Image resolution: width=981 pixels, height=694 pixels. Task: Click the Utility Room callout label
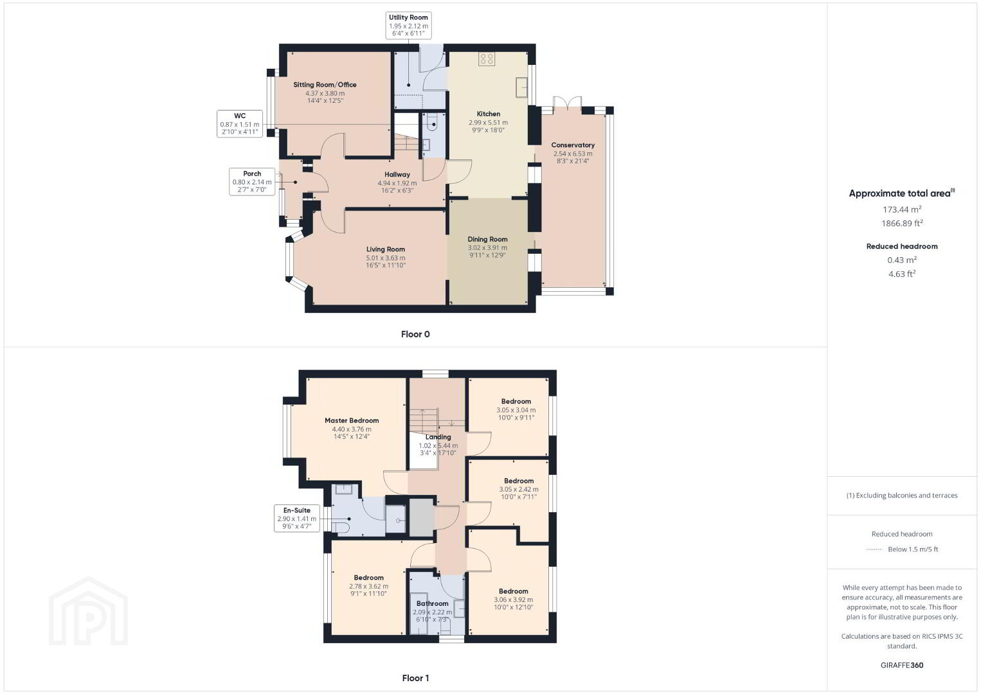click(408, 26)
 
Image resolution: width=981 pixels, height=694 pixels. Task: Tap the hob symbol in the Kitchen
click(487, 59)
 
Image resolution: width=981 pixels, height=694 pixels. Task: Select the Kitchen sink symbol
click(521, 87)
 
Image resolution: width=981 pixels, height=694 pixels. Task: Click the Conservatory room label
click(573, 145)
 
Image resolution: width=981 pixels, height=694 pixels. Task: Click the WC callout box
click(240, 123)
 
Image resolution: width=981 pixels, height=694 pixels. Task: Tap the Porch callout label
click(252, 181)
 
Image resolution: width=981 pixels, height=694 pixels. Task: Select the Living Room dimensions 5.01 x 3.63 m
click(386, 258)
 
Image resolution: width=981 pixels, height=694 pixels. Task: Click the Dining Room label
click(487, 239)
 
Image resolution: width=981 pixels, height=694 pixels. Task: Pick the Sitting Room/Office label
click(325, 85)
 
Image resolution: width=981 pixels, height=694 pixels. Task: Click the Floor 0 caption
click(415, 334)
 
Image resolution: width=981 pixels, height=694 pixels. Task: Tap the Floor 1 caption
click(415, 678)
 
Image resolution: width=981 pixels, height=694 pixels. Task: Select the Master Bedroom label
click(352, 420)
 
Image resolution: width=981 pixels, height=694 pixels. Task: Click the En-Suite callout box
click(296, 519)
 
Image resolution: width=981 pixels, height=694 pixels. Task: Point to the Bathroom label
click(432, 603)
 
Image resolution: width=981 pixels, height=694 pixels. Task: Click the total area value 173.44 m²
click(902, 209)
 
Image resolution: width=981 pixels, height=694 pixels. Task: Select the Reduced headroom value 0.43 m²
click(902, 260)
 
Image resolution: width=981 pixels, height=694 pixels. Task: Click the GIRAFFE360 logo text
click(902, 665)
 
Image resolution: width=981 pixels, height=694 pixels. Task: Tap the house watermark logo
click(88, 611)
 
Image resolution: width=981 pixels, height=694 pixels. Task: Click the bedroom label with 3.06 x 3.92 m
click(513, 591)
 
